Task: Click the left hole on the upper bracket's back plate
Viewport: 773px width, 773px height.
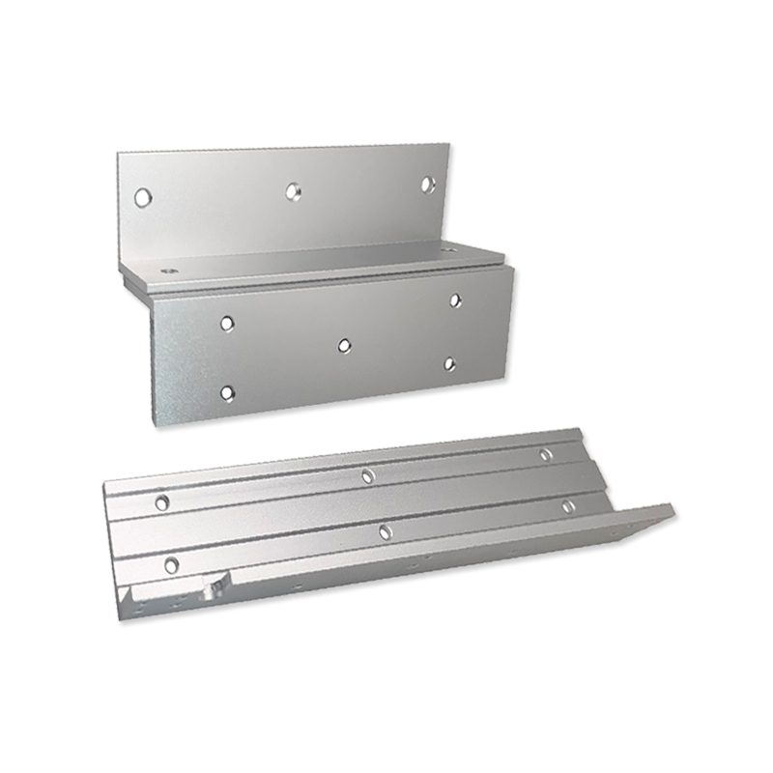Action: [x=143, y=196]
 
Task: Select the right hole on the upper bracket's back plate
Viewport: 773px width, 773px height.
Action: [x=428, y=183]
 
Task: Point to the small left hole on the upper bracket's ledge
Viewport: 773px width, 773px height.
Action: [x=173, y=272]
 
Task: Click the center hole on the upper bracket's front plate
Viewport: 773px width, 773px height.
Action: [x=344, y=343]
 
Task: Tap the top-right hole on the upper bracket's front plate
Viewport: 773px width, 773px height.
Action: [x=454, y=301]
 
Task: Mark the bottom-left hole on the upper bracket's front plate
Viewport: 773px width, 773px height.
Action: [x=227, y=392]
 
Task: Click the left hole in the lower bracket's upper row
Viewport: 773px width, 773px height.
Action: [x=162, y=501]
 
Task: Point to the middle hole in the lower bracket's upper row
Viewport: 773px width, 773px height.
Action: [x=367, y=474]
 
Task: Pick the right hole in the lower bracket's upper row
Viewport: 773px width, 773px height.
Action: [x=546, y=454]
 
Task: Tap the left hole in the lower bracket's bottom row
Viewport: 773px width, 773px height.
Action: [x=172, y=564]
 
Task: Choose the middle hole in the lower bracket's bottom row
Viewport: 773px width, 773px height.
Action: [x=385, y=530]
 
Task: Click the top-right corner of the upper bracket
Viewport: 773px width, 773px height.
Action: [x=451, y=146]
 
